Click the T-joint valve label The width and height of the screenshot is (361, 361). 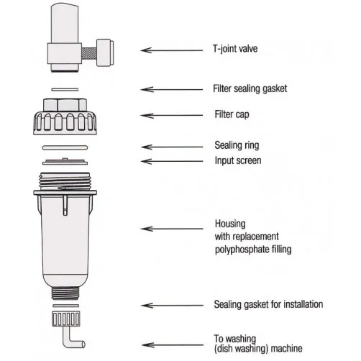click(x=235, y=49)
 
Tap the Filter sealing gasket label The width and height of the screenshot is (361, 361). click(x=250, y=88)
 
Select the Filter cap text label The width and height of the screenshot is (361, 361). click(x=232, y=114)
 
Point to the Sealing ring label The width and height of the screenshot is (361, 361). click(x=237, y=145)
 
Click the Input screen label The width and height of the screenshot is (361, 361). click(x=238, y=160)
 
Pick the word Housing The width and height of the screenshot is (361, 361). click(x=230, y=224)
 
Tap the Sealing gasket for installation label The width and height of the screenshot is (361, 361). click(x=268, y=304)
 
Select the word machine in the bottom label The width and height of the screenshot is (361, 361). click(x=286, y=348)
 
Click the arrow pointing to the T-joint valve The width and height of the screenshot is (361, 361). click(x=172, y=50)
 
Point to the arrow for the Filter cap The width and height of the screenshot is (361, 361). click(x=172, y=116)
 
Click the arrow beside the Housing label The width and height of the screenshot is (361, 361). click(x=172, y=229)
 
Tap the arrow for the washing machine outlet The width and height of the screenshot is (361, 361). click(x=173, y=345)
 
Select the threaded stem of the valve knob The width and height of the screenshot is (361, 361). click(x=89, y=53)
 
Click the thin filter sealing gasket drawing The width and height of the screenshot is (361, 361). click(x=65, y=90)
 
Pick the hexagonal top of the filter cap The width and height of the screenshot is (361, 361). click(x=65, y=105)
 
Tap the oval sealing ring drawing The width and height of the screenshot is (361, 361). click(x=65, y=147)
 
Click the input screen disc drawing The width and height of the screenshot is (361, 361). click(x=65, y=162)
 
